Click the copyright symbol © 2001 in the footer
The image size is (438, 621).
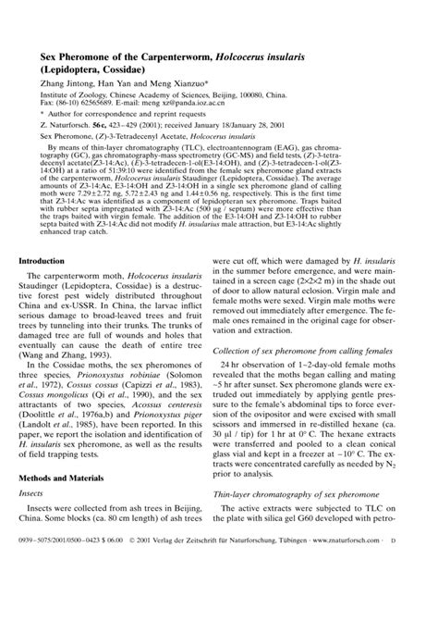pos(142,590)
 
